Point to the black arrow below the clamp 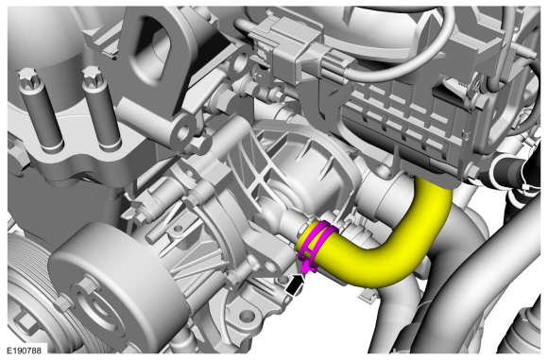coord(294,284)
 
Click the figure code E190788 coord(24,351)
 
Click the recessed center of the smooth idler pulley coord(101,309)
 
